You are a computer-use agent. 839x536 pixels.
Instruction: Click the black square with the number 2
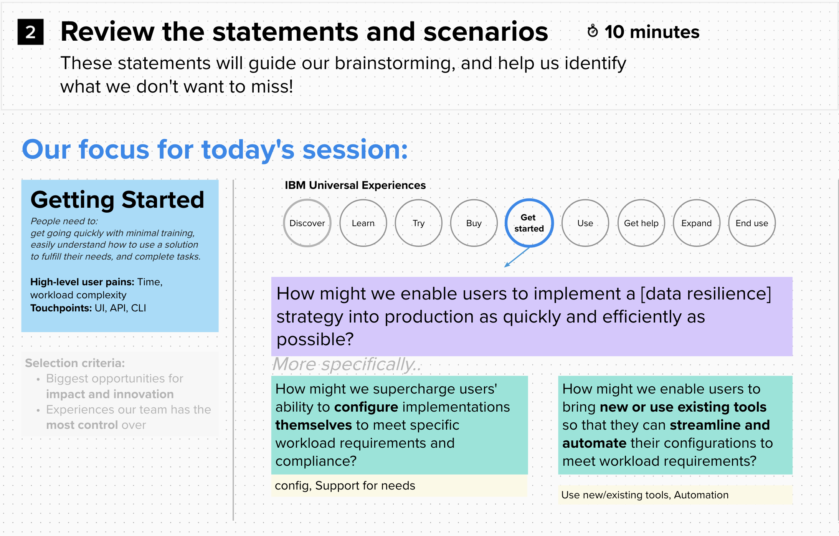[x=30, y=32]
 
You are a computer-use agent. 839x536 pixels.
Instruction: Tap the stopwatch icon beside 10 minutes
[x=593, y=31]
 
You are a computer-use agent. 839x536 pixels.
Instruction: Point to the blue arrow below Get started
[x=517, y=257]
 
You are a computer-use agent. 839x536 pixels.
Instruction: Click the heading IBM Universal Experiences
[x=355, y=185]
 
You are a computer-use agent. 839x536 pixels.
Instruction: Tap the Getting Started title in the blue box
[x=117, y=200]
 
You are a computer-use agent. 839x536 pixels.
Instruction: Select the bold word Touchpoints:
[x=61, y=308]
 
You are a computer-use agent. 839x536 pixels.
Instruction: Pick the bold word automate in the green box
[x=594, y=443]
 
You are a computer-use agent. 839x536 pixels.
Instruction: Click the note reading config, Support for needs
[x=345, y=486]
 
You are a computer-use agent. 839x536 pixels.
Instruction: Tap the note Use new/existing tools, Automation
[x=645, y=495]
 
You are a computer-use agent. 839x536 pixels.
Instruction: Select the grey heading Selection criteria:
[x=75, y=363]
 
